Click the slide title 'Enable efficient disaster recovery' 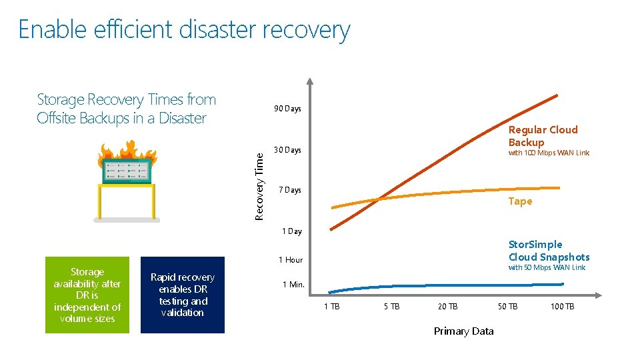click(x=184, y=30)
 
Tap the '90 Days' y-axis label click(x=287, y=109)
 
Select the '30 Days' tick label click(x=287, y=150)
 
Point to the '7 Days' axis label click(x=289, y=190)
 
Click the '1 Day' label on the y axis click(x=291, y=231)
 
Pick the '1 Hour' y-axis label click(x=290, y=260)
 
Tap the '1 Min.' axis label click(x=293, y=285)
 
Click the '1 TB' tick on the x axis click(x=331, y=307)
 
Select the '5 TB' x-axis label click(x=391, y=307)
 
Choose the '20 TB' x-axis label click(x=447, y=307)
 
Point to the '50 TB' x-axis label click(x=507, y=307)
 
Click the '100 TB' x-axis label click(x=562, y=307)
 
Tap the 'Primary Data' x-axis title click(x=463, y=331)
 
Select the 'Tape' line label click(x=520, y=201)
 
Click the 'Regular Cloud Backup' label click(x=543, y=136)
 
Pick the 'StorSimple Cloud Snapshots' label click(x=549, y=251)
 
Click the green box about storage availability click(x=87, y=295)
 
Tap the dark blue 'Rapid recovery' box click(x=183, y=295)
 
